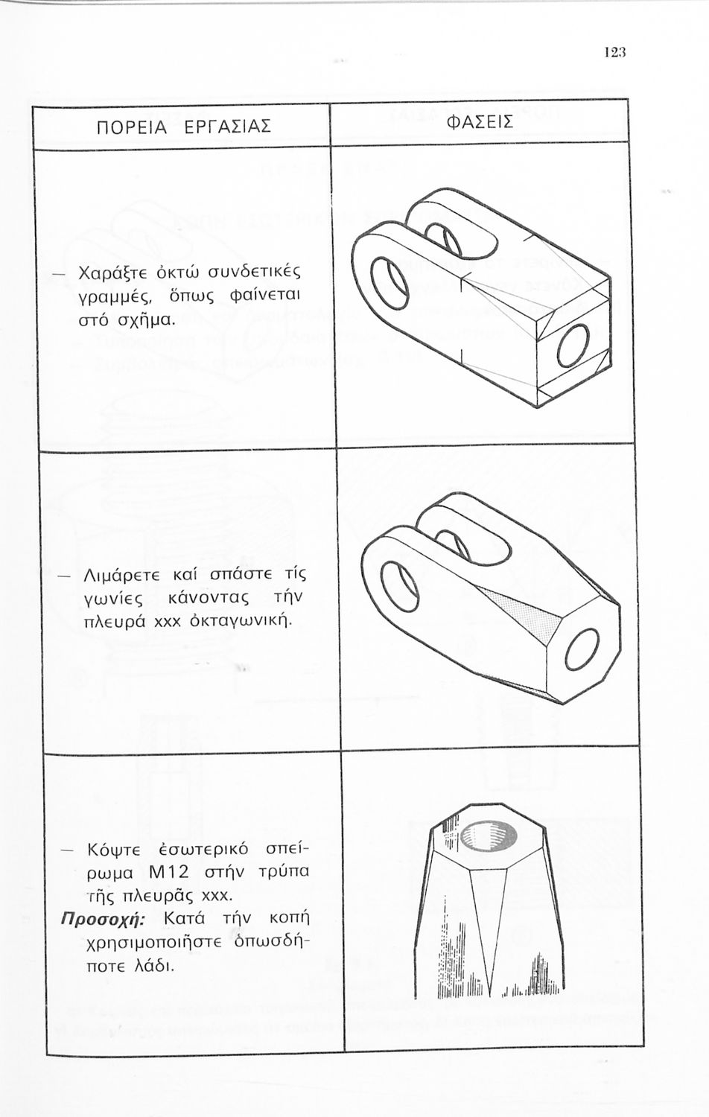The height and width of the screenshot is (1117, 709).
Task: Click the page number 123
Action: coord(614,52)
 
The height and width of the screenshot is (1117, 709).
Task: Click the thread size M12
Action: coord(170,871)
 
